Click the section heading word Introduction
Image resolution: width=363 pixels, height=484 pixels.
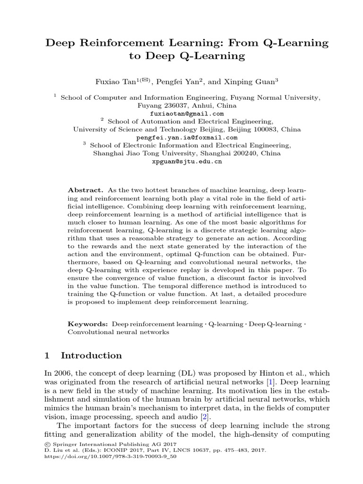91,355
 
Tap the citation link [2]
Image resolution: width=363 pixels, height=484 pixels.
203,417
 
